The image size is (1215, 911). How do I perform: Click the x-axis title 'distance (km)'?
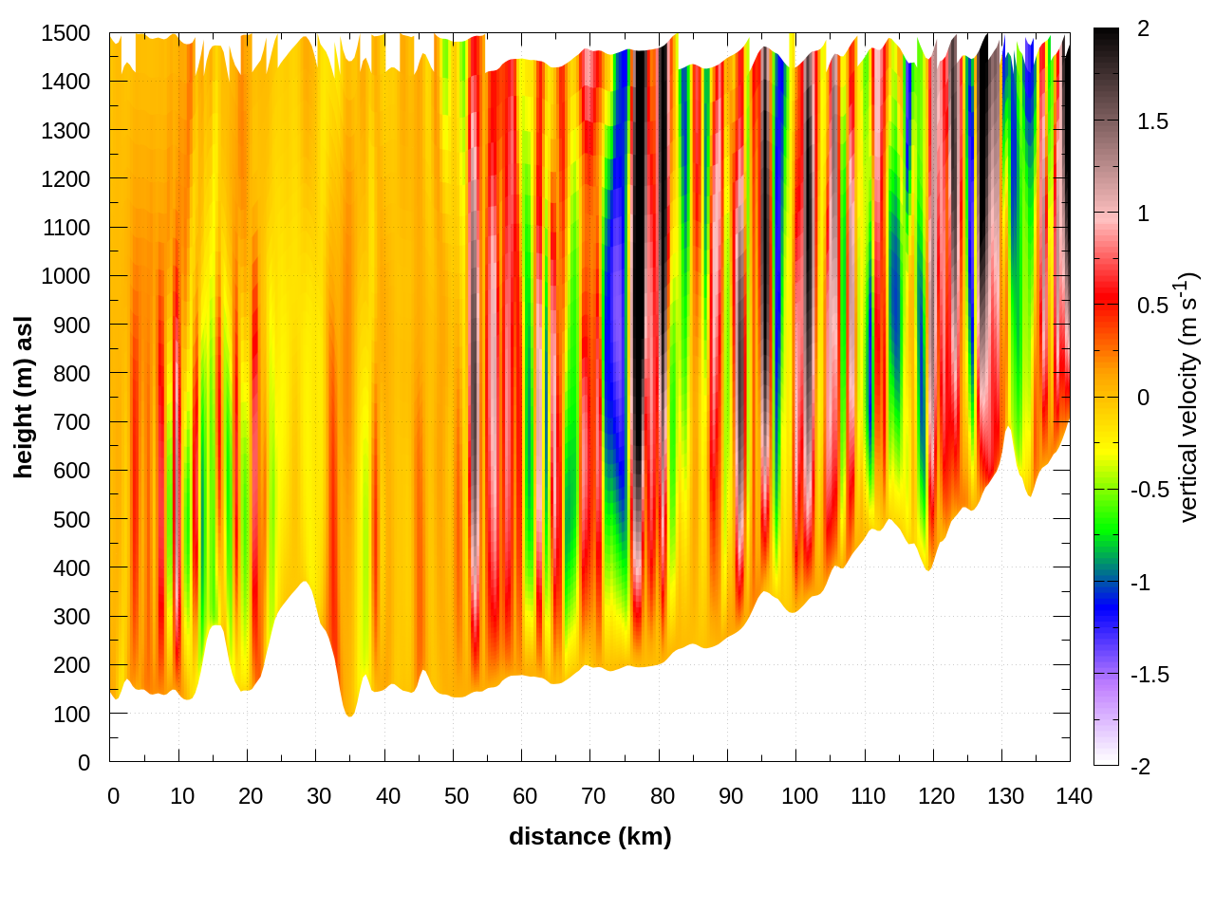pyautogui.click(x=589, y=836)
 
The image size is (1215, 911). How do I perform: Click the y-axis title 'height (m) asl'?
pyautogui.click(x=24, y=397)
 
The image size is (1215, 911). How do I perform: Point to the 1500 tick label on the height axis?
pyautogui.click(x=65, y=33)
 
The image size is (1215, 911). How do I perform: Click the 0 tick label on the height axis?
pyautogui.click(x=84, y=763)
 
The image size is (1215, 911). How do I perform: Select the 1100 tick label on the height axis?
pyautogui.click(x=65, y=228)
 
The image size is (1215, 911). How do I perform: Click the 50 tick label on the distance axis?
pyautogui.click(x=457, y=796)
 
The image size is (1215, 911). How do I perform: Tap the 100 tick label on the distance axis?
pyautogui.click(x=799, y=796)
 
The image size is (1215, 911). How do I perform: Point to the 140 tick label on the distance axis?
pyautogui.click(x=1074, y=796)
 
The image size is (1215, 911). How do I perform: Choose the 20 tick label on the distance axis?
pyautogui.click(x=251, y=796)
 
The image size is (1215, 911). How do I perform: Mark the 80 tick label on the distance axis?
pyautogui.click(x=663, y=796)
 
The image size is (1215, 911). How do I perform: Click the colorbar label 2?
pyautogui.click(x=1143, y=28)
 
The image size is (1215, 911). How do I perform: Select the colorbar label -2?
pyautogui.click(x=1140, y=766)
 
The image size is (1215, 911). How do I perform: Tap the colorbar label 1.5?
pyautogui.click(x=1152, y=121)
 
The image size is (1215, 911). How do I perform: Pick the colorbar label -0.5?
pyautogui.click(x=1150, y=490)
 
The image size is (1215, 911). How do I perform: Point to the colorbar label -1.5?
pyautogui.click(x=1150, y=675)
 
